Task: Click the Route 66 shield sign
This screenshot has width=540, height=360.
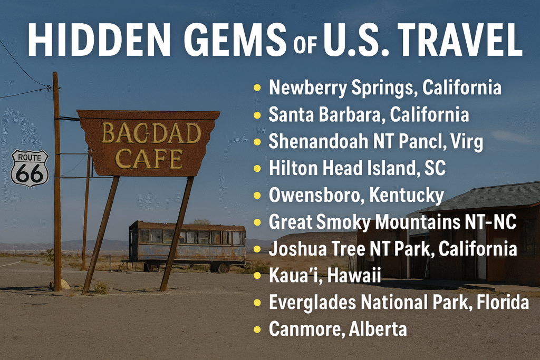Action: pos(30,168)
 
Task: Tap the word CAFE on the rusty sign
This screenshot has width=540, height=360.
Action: pos(149,159)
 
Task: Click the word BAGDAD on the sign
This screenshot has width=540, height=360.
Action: pos(151,133)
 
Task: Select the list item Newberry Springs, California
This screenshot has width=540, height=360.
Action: pos(384,87)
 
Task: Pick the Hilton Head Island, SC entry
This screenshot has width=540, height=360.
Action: pos(357,168)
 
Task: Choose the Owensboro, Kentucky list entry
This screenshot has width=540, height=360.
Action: pos(356,195)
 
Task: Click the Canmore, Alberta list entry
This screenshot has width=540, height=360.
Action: pos(337,329)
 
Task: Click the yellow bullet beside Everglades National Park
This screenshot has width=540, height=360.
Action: pos(257,303)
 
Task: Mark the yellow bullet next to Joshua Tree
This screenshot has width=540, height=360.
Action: pos(257,249)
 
